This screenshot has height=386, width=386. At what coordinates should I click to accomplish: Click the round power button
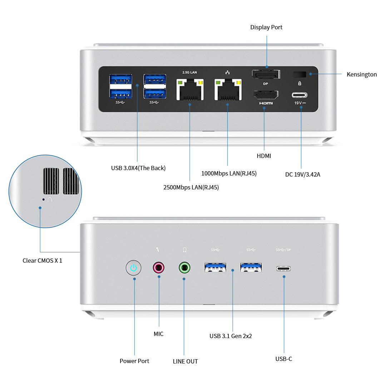pyautogui.click(x=134, y=268)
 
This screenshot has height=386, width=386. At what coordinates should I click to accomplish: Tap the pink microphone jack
pyautogui.click(x=159, y=267)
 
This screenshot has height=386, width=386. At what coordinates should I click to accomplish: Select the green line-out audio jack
pyautogui.click(x=184, y=267)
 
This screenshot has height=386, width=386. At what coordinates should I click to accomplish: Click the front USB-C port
pyautogui.click(x=283, y=268)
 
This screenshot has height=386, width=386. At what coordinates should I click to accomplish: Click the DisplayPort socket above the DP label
pyautogui.click(x=266, y=75)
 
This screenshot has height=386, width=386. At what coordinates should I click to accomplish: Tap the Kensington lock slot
pyautogui.click(x=300, y=74)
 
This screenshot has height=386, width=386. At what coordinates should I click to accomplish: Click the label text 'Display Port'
pyautogui.click(x=266, y=27)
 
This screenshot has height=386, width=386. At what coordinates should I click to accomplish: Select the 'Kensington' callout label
pyautogui.click(x=362, y=74)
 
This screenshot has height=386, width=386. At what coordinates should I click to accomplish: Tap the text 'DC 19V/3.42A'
pyautogui.click(x=303, y=174)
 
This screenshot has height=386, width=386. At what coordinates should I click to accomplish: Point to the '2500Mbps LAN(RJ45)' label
pyautogui.click(x=191, y=187)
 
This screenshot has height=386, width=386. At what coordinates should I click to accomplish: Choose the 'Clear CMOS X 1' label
pyautogui.click(x=42, y=261)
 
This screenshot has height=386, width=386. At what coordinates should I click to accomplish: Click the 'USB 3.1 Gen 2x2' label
pyautogui.click(x=231, y=336)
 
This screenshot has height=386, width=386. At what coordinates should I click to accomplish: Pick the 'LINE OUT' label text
pyautogui.click(x=185, y=361)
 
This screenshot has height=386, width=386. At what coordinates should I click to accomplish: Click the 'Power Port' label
pyautogui.click(x=134, y=361)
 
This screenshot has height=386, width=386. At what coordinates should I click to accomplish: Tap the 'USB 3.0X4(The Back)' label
pyautogui.click(x=138, y=168)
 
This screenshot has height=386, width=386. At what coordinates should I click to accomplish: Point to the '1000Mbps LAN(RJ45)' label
pyautogui.click(x=229, y=174)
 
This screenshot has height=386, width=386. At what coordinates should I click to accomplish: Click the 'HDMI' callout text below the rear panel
pyautogui.click(x=264, y=156)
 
